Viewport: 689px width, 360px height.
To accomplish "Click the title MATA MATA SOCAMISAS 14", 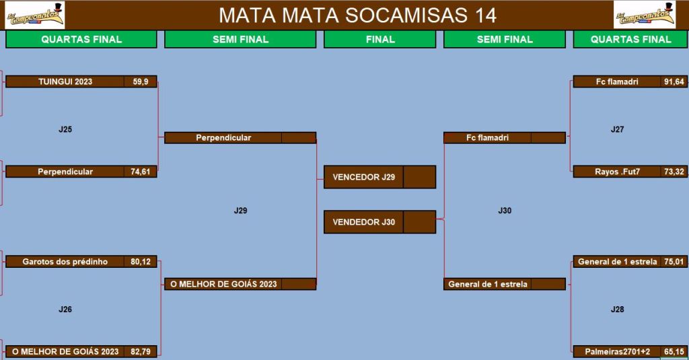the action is [358, 15].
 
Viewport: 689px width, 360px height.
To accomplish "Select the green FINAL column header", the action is [380, 39].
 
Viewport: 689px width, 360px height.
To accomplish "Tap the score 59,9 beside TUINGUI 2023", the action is [141, 81].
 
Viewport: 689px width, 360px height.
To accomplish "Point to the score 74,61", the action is [141, 172].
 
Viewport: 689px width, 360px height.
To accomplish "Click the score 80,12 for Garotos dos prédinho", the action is [141, 262].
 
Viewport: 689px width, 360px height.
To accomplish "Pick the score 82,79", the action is [141, 352].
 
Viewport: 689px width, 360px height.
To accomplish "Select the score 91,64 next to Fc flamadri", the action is [674, 81].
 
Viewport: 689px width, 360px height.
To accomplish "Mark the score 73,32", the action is [674, 172].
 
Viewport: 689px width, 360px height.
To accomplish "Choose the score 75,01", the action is [674, 262].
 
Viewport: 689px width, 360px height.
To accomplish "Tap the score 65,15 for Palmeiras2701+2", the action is [674, 352].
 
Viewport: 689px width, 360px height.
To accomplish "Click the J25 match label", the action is [65, 129].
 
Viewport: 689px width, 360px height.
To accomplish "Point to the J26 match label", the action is [65, 309].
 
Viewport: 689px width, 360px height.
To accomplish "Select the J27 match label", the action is [618, 129].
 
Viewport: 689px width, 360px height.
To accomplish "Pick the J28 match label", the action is [618, 309].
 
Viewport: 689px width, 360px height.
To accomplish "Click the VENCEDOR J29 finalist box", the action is [379, 177].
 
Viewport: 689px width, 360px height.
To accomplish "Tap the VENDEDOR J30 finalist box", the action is [379, 222].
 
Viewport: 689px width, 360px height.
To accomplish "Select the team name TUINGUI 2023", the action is [65, 81].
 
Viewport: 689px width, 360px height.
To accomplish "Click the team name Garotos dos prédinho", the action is [65, 262].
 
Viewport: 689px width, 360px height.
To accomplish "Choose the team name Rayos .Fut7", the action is [618, 172].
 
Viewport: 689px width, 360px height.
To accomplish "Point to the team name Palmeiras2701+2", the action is [618, 352].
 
